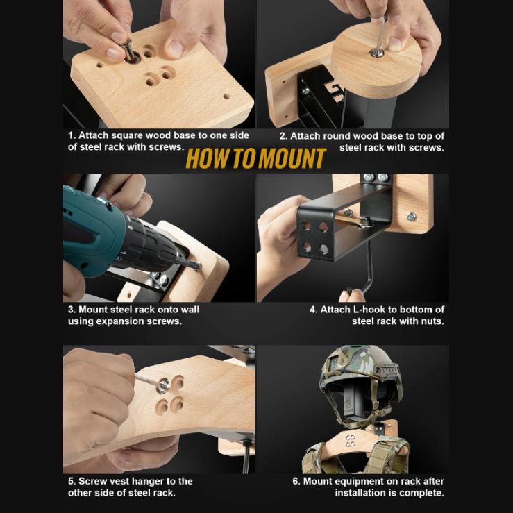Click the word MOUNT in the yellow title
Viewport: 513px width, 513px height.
(292, 159)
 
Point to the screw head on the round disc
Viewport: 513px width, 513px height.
(376, 52)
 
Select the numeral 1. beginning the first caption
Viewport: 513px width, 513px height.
(72, 135)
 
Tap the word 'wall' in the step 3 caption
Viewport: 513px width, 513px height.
(188, 310)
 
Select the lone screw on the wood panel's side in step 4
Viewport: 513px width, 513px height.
(411, 217)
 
